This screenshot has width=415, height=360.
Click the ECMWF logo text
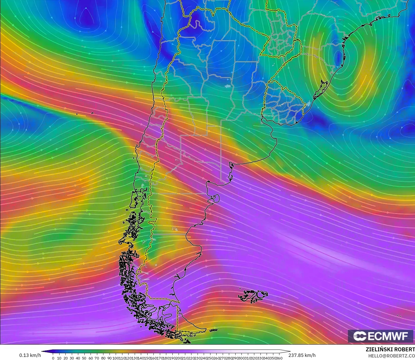388,336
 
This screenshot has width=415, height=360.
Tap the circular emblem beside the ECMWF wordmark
360,336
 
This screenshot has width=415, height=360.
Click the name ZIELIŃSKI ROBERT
390,349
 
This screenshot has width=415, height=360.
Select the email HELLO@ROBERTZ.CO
391,356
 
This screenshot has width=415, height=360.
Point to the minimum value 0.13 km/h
30,355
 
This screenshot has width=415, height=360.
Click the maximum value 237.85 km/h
302,355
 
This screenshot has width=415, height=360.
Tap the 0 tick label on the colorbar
53,358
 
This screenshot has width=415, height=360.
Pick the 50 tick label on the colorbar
84,358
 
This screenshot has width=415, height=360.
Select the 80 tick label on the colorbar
103,358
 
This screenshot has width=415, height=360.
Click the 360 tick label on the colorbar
279,358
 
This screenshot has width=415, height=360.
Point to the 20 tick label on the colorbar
65,358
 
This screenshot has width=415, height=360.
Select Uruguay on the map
282,105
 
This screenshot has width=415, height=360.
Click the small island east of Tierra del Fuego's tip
214,330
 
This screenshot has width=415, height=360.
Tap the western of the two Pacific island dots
77,114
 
